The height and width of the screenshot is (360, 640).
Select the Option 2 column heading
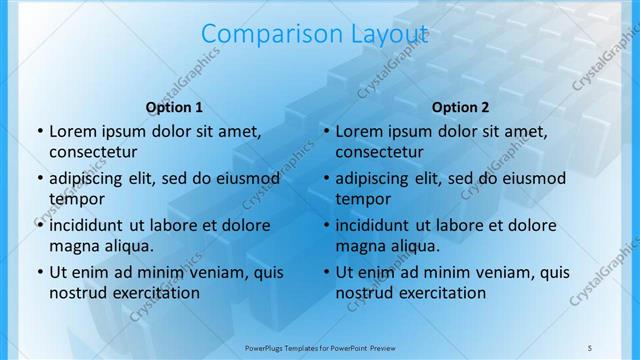pos(460,107)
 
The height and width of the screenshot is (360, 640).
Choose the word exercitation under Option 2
pos(440,293)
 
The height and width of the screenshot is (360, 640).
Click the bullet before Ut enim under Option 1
pos(40,272)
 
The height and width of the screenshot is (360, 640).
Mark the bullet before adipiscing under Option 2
pos(326,178)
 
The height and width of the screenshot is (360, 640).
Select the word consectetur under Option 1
pos(93,152)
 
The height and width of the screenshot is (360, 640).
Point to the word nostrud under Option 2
pos(366,293)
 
